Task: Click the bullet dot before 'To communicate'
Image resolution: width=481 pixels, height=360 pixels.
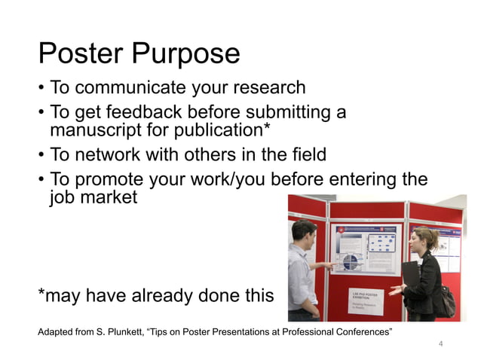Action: coord(41,89)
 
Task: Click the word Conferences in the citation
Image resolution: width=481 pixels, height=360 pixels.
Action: coord(356,332)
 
